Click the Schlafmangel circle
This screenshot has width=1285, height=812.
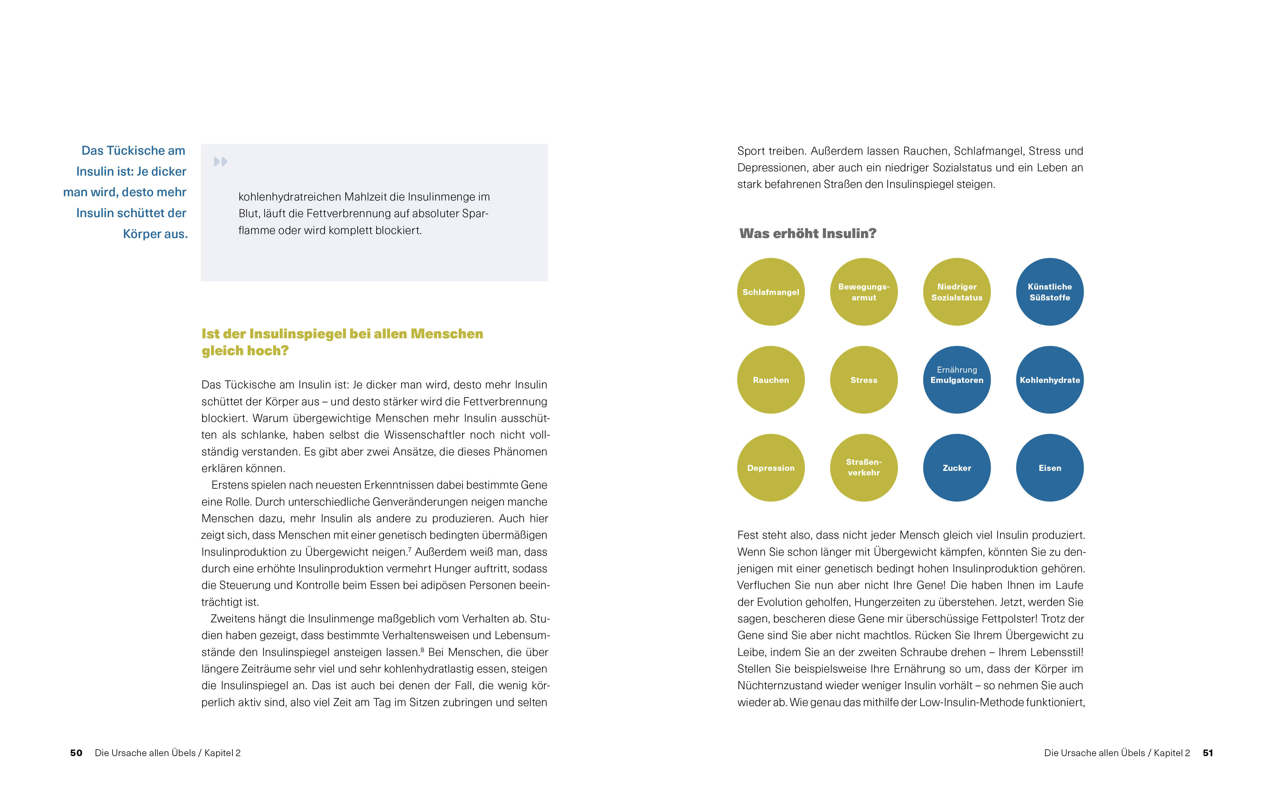[770, 292]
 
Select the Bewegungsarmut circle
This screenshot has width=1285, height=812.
[864, 292]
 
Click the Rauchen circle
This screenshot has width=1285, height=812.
[770, 380]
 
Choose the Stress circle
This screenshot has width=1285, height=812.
[864, 380]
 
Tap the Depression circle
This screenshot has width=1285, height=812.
[770, 468]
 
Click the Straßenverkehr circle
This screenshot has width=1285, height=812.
[864, 468]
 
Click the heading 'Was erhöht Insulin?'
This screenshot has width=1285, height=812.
[807, 233]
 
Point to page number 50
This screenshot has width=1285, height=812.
[76, 753]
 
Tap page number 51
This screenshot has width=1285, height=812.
[1208, 753]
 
